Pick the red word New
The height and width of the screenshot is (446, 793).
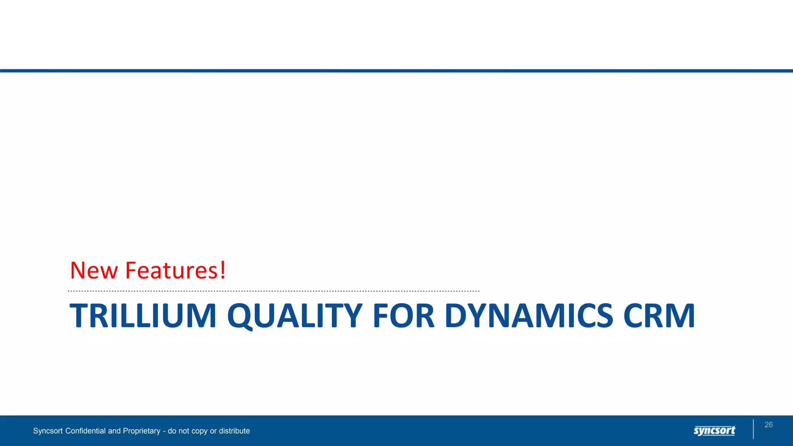94,270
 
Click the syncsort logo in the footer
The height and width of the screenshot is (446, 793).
714,431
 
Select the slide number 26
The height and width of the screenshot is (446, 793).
769,425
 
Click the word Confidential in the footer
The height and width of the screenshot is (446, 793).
86,431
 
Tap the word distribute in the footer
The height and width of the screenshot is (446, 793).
234,431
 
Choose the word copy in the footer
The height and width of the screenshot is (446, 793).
198,431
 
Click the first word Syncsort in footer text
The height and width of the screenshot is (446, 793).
48,431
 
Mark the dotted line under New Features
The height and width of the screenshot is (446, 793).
273,291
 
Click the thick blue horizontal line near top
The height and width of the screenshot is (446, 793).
396,71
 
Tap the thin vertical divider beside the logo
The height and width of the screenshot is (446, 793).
754,429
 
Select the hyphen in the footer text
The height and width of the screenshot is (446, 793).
164,431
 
